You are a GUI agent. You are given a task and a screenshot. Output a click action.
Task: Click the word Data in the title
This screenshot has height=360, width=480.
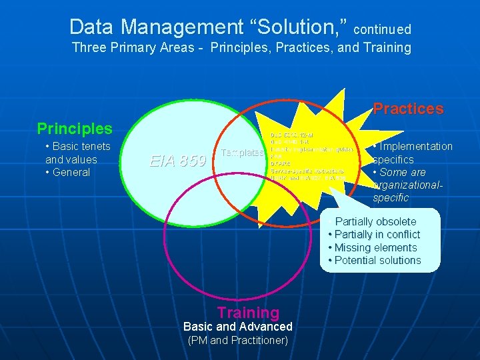[x=91, y=27]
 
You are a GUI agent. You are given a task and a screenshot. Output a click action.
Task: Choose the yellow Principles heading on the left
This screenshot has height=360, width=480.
[x=75, y=128]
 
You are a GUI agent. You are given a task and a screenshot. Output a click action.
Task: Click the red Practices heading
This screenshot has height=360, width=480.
[x=408, y=109]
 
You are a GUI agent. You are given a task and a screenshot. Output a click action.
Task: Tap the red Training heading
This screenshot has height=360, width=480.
[x=248, y=312]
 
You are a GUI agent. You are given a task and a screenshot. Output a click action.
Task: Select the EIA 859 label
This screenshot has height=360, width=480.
[x=177, y=161]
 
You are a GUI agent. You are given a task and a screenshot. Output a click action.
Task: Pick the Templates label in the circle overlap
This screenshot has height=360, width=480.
[x=241, y=153]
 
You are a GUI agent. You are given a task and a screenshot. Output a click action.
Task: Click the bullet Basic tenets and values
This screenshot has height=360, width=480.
[x=77, y=153]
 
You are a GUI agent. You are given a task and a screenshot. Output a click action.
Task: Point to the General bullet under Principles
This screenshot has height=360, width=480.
[x=70, y=172]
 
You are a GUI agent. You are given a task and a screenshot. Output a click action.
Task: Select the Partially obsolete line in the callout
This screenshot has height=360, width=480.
[x=375, y=221]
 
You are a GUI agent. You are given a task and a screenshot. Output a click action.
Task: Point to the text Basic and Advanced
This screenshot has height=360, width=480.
[x=237, y=327]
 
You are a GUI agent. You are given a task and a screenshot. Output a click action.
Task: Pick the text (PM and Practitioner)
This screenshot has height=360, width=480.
[x=237, y=341]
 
